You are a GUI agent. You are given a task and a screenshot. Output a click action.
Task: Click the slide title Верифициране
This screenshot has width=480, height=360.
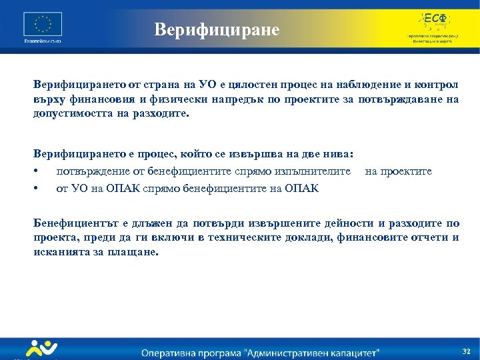[217, 29]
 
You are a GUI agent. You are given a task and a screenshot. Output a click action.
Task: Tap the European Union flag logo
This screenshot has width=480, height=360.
[43, 25]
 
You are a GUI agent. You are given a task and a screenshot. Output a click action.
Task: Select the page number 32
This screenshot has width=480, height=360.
[466, 351]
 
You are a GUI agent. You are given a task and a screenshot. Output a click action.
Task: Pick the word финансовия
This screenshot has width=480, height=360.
[97, 99]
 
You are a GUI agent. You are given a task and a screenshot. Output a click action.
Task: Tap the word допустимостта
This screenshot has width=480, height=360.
[73, 114]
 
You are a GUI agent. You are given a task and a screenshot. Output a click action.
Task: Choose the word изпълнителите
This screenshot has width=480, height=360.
[315, 171]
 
